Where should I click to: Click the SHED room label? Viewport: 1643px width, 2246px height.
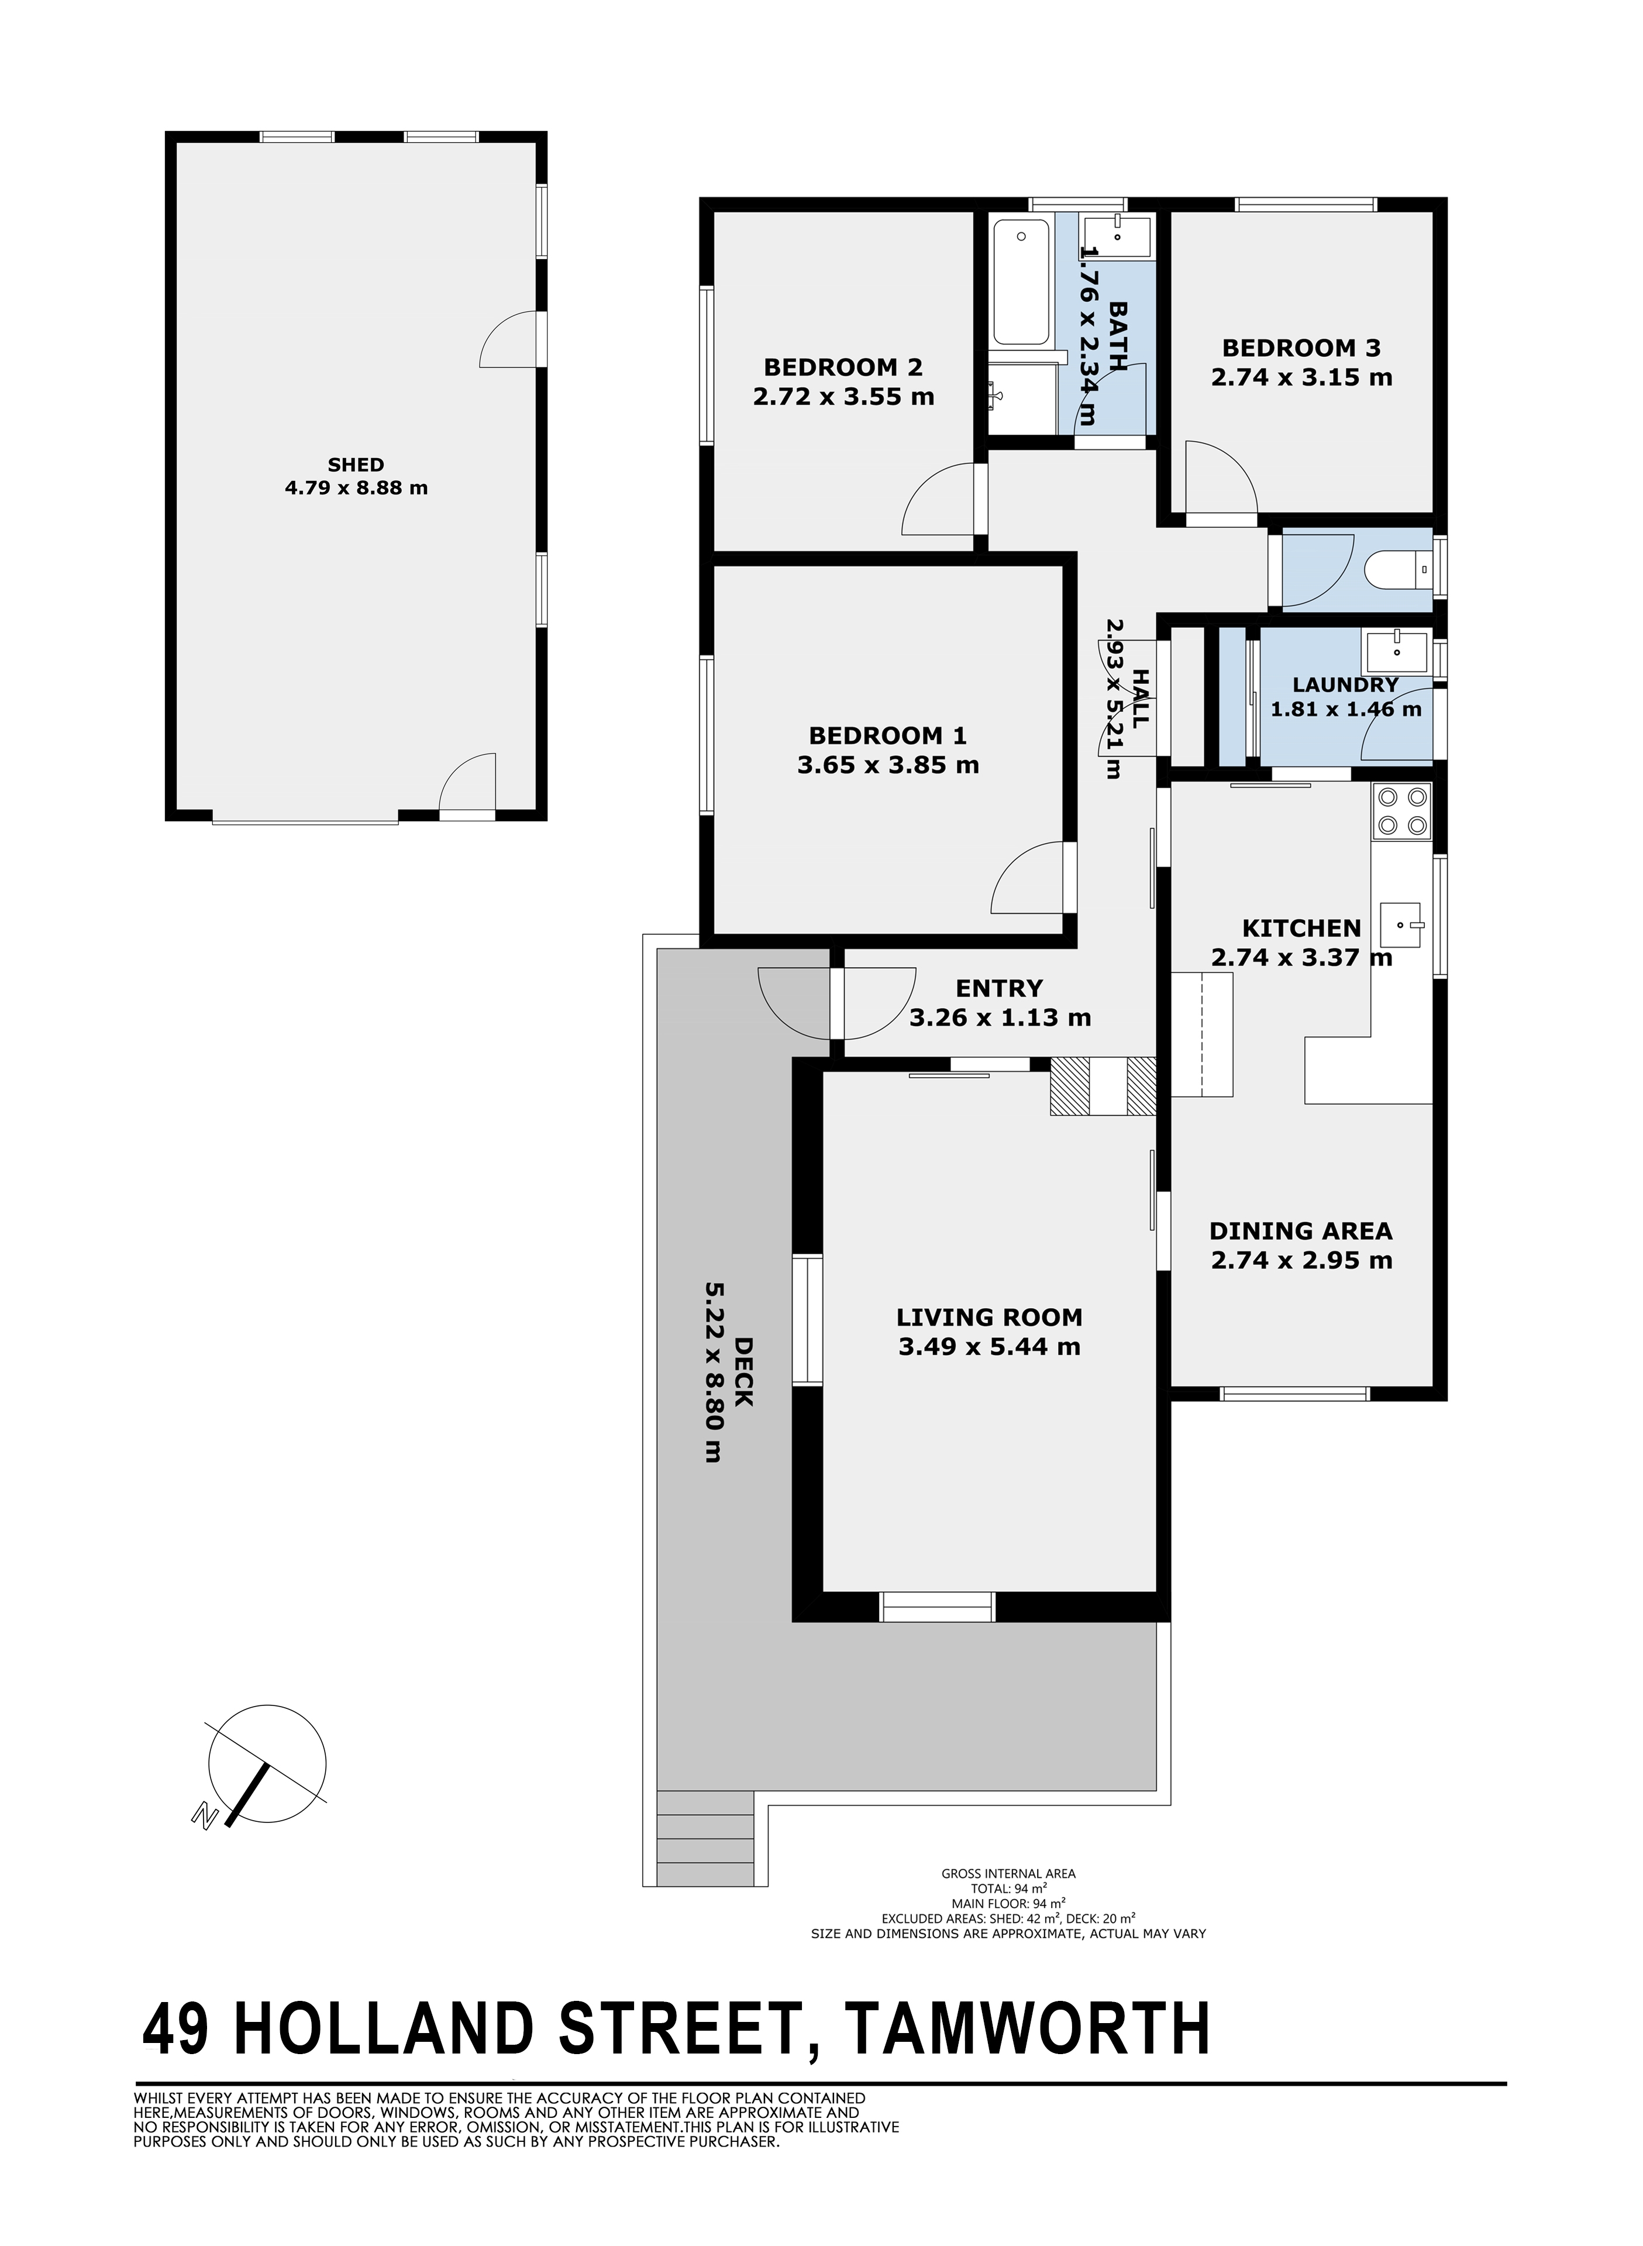(356, 465)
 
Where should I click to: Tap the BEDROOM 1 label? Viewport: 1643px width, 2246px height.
(887, 736)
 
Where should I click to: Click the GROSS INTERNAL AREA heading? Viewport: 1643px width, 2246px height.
(1008, 1874)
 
